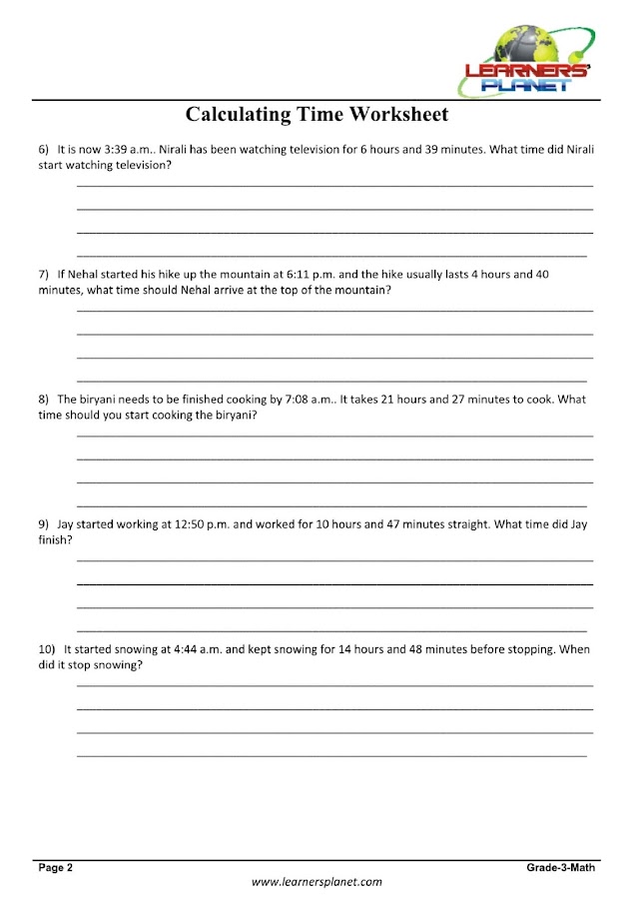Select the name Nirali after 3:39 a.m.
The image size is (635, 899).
point(176,149)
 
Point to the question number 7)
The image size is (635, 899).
point(44,274)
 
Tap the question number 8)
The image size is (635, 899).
point(44,399)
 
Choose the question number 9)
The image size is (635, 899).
point(44,523)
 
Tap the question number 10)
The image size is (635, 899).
point(47,648)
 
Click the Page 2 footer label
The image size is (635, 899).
point(56,868)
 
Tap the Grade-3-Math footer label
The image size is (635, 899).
point(561,868)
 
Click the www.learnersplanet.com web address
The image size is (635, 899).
point(317,882)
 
